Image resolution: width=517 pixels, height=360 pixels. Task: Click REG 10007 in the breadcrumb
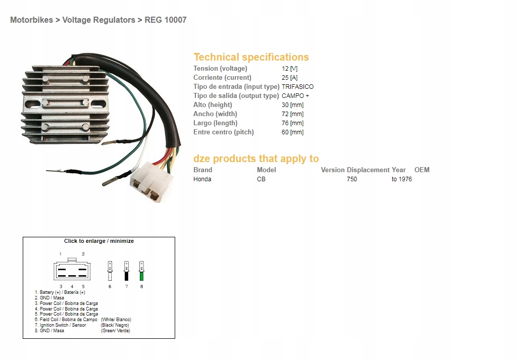point(166,20)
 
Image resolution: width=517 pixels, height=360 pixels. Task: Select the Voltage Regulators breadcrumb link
point(98,20)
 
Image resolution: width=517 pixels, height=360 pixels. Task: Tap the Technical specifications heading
point(251,57)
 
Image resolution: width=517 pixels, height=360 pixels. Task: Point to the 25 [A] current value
point(289,78)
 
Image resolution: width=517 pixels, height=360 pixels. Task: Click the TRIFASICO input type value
point(298,87)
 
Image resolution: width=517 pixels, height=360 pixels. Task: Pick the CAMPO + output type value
point(295,96)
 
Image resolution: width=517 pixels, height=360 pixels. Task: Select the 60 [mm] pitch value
point(292,132)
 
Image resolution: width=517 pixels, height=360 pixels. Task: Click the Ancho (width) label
point(215,114)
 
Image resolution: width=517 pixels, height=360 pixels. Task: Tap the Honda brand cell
point(202,179)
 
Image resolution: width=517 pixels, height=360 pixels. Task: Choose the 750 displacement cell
point(352,179)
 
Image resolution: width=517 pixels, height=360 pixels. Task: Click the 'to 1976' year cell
point(401,179)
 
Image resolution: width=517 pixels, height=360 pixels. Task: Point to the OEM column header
point(422,170)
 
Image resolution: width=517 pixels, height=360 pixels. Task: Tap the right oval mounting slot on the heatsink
point(98,104)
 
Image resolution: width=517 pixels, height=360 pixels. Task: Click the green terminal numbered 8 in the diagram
point(141,271)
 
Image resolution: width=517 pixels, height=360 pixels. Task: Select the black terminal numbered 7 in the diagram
point(126,271)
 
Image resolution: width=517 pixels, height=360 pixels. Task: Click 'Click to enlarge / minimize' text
point(99,241)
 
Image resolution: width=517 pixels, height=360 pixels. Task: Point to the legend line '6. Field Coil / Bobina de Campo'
point(66,320)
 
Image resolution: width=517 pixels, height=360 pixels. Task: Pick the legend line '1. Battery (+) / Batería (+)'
point(60,292)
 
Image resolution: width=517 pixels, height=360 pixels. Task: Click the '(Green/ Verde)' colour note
point(116,331)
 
